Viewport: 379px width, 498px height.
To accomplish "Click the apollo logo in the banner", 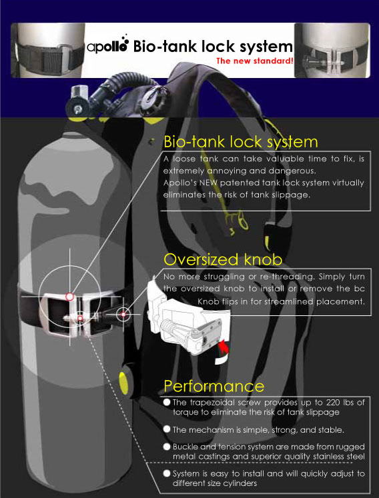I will tap(108, 47).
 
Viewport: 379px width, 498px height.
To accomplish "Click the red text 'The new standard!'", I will tap(255, 62).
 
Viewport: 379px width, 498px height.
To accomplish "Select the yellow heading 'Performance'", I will tap(214, 386).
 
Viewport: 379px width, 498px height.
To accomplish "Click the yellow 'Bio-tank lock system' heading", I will tap(241, 142).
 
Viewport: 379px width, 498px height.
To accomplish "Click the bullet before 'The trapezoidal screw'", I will tap(167, 402).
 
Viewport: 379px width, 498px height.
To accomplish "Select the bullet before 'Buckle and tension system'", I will tap(167, 446).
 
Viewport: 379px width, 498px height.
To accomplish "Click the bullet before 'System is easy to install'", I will tap(167, 473).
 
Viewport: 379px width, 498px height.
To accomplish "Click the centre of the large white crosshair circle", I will tap(69, 296).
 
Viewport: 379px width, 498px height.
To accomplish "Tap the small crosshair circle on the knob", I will tap(124, 313).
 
